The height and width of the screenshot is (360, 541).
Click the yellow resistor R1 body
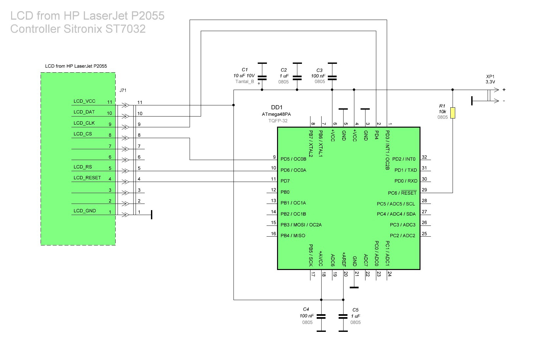tap(453, 113)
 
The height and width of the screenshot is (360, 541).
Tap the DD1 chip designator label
tap(276, 107)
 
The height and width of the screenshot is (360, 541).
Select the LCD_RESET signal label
tap(87, 178)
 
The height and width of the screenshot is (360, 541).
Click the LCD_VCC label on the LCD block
tap(84, 101)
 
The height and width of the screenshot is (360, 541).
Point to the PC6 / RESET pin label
tap(402, 193)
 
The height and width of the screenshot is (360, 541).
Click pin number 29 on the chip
tap(424, 189)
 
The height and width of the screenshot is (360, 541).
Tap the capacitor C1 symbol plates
tap(262, 78)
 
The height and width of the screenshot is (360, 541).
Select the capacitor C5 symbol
tap(343, 316)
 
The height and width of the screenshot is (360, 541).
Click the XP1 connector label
tap(490, 77)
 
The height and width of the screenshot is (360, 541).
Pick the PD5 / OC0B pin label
tap(293, 159)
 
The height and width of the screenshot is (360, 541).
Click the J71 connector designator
tap(123, 90)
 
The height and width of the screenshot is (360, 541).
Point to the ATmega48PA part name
tap(276, 114)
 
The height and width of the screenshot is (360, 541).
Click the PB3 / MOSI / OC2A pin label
tap(301, 225)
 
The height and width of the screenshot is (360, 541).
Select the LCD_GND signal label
tap(84, 211)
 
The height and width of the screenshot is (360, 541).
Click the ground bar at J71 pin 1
tap(151, 215)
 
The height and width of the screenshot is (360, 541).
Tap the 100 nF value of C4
tap(307, 315)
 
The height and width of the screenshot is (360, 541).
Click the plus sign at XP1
tap(504, 90)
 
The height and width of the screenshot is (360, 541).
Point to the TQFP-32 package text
tap(278, 121)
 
